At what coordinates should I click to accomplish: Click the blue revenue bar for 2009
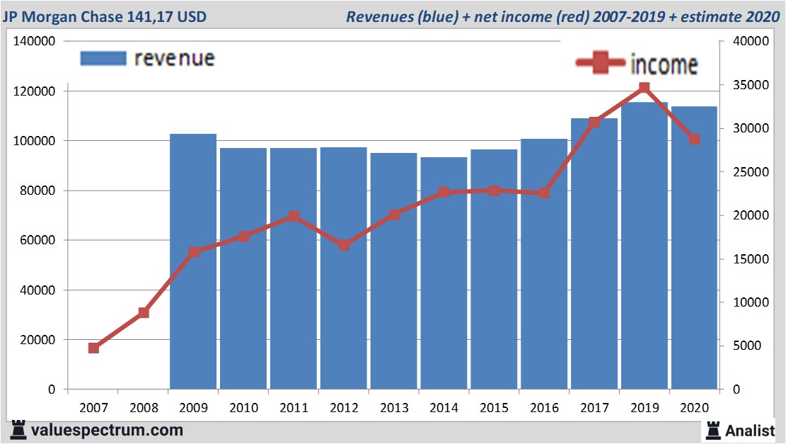[193, 262]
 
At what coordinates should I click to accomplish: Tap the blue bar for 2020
[694, 248]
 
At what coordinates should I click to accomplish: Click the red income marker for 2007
[93, 348]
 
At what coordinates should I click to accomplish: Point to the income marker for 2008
[144, 313]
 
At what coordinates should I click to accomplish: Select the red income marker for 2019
[644, 88]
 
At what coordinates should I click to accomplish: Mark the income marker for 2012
[344, 245]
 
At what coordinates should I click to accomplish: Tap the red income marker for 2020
[694, 139]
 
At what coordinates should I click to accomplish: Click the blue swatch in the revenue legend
[103, 58]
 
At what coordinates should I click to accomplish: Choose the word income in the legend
[664, 65]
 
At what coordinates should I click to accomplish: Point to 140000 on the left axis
[35, 42]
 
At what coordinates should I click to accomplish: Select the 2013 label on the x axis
[393, 408]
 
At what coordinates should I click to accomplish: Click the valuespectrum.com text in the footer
[107, 430]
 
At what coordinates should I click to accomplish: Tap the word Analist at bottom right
[750, 430]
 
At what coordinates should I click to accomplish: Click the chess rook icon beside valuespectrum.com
[19, 430]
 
